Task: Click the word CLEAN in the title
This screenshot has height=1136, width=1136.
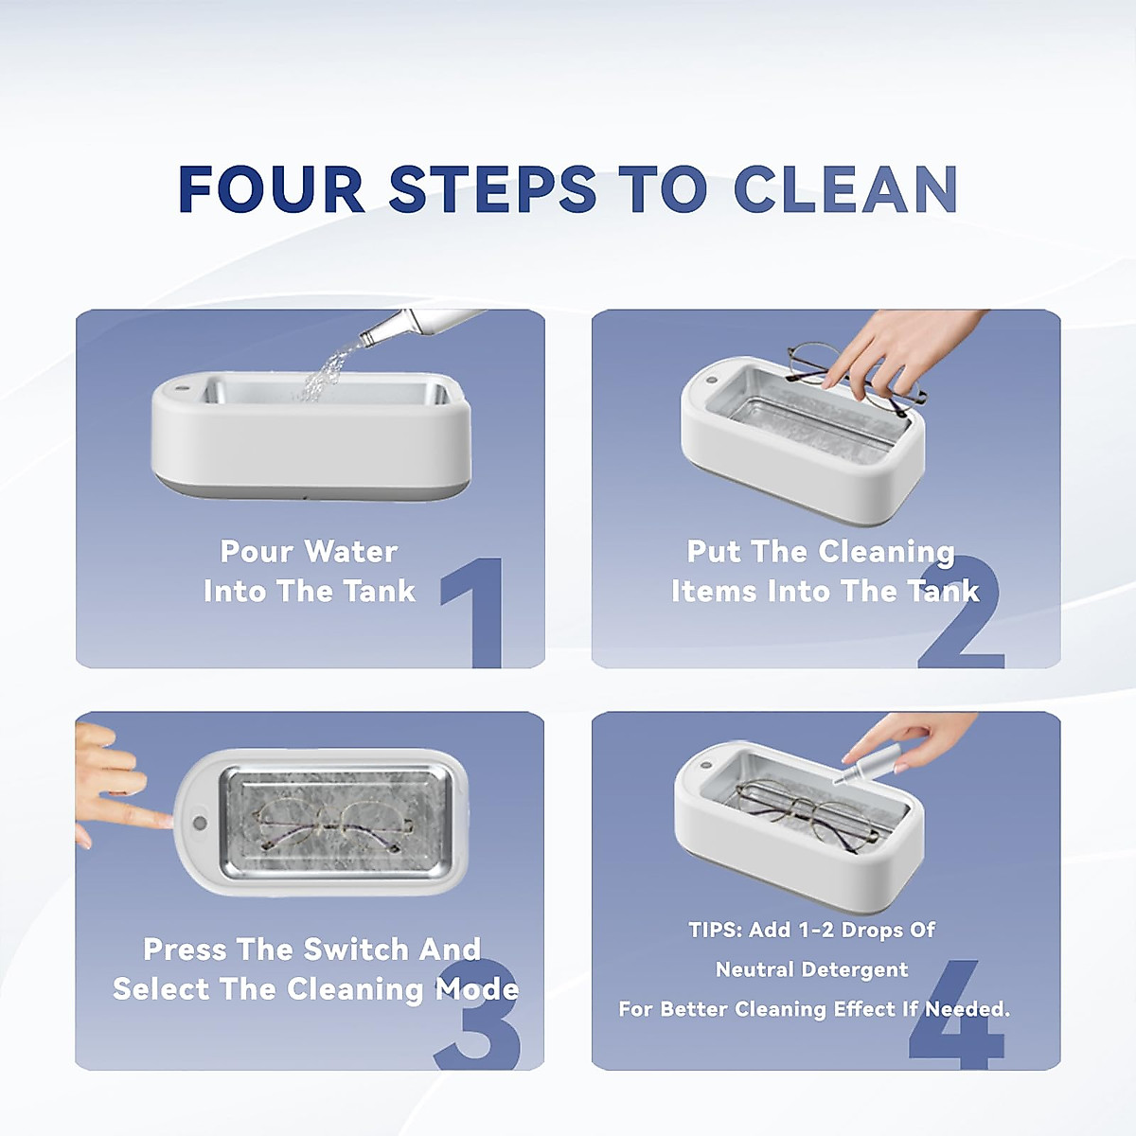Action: (845, 189)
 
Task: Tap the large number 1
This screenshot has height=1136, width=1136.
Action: (478, 613)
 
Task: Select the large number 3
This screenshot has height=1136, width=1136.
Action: (480, 1018)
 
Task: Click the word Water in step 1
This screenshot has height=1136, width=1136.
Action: (351, 551)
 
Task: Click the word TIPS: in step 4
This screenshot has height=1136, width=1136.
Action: (715, 931)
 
